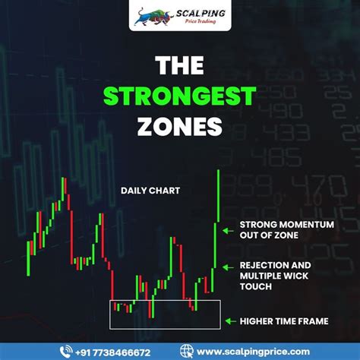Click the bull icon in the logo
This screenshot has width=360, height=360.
(154, 17)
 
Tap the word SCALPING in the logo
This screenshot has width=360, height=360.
(201, 13)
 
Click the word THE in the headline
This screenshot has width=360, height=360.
(179, 65)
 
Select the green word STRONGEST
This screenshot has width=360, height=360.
(180, 96)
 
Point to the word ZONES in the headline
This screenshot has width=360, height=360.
(180, 126)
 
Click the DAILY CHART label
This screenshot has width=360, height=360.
(150, 191)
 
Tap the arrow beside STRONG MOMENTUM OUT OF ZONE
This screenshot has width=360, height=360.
(228, 231)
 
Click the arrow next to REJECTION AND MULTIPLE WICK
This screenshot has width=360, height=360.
(228, 267)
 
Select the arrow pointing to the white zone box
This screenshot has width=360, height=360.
(231, 321)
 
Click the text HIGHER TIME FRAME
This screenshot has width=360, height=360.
(284, 321)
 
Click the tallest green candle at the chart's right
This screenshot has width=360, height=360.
(219, 196)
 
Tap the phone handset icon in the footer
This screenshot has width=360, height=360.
(66, 352)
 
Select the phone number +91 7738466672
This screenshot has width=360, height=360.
(113, 352)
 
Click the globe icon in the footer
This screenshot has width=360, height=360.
(187, 352)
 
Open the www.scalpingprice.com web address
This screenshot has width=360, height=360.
(253, 352)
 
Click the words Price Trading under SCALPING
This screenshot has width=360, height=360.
(201, 21)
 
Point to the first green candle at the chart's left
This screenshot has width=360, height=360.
(28, 259)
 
